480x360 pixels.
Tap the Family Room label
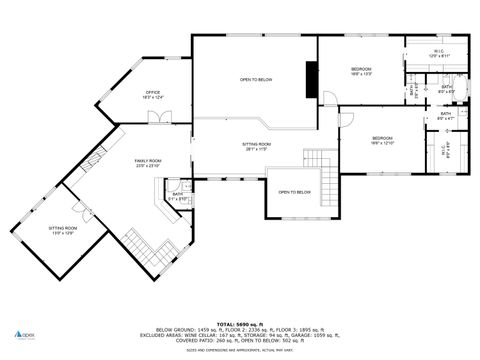[x=148, y=163]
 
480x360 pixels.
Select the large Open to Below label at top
[x=255, y=79]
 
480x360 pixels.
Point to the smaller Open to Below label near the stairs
[x=294, y=192]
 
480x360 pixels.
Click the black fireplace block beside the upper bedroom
[x=312, y=77]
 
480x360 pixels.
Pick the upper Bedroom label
[x=361, y=70]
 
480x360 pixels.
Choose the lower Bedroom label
[x=383, y=140]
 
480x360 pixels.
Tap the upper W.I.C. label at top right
[x=439, y=53]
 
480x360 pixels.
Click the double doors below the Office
[x=158, y=118]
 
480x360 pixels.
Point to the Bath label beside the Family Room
[x=177, y=196]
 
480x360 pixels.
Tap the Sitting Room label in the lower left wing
[x=63, y=230]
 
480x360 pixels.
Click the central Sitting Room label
[x=257, y=147]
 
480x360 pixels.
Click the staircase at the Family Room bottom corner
[x=153, y=247]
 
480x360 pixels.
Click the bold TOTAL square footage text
[x=240, y=325]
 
